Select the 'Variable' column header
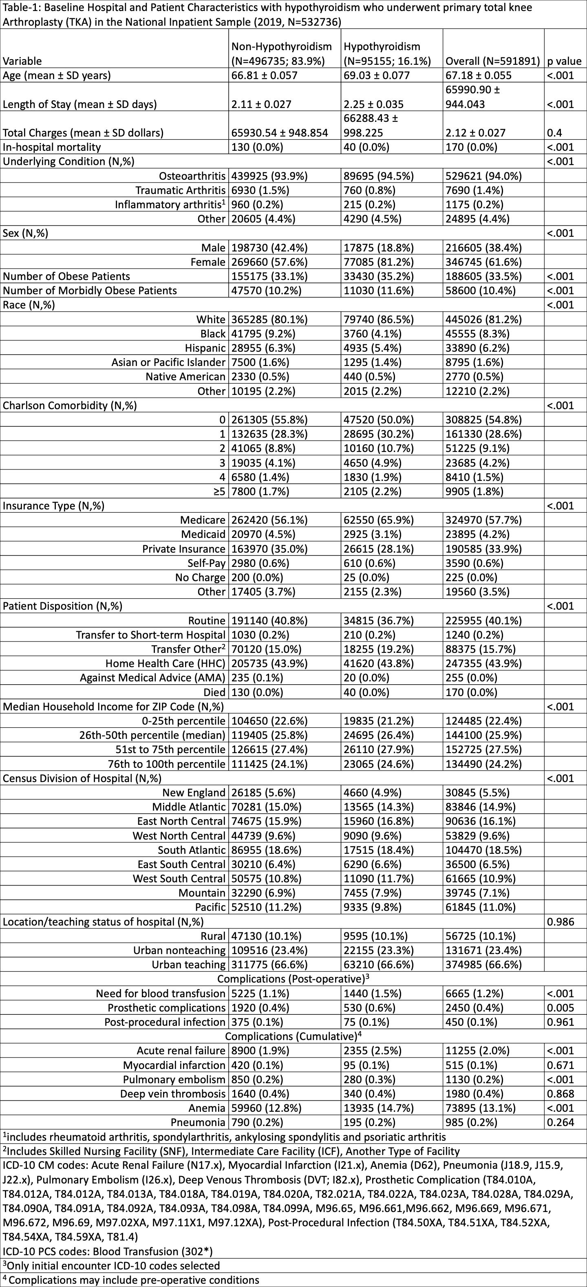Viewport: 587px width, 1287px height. [x=22, y=61]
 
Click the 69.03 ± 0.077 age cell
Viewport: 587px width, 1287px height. [x=376, y=75]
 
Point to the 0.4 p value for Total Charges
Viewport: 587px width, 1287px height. [x=554, y=133]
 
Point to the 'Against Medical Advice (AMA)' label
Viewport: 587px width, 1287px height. [x=152, y=677]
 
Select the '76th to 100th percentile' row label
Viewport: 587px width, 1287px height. [x=166, y=763]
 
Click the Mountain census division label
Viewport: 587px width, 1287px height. [x=202, y=893]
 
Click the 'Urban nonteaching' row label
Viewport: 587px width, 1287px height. [x=179, y=950]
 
